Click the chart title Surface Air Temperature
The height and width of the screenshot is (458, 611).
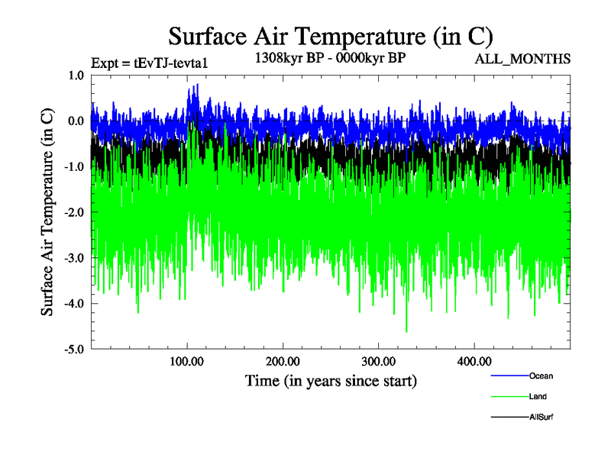pyautogui.click(x=330, y=36)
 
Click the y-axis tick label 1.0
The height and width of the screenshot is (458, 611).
pyautogui.click(x=76, y=76)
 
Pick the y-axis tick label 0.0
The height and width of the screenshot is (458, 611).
pyautogui.click(x=76, y=121)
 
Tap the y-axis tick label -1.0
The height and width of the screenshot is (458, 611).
pyautogui.click(x=73, y=167)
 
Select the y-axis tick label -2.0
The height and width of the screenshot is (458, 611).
pyautogui.click(x=73, y=212)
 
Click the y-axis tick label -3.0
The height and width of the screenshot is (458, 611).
pyautogui.click(x=73, y=258)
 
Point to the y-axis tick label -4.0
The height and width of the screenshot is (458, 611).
pyautogui.click(x=73, y=304)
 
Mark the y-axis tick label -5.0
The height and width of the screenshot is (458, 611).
pyautogui.click(x=73, y=350)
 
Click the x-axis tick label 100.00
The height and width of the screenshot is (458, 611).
pyautogui.click(x=187, y=361)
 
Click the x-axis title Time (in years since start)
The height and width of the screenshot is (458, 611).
pyautogui.click(x=331, y=380)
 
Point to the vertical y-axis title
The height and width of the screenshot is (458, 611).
pyautogui.click(x=48, y=212)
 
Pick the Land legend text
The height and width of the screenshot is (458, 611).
pyautogui.click(x=538, y=396)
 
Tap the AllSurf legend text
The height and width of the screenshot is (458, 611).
pyautogui.click(x=541, y=418)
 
